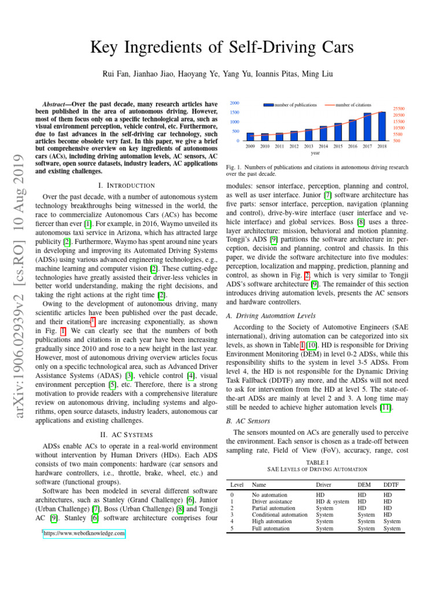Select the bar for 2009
coord(250,137)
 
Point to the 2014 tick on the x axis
coord(323,147)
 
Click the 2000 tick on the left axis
coord(235,103)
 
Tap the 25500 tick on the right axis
coord(398,108)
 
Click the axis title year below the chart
coord(316,154)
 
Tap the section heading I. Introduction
coord(127,186)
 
